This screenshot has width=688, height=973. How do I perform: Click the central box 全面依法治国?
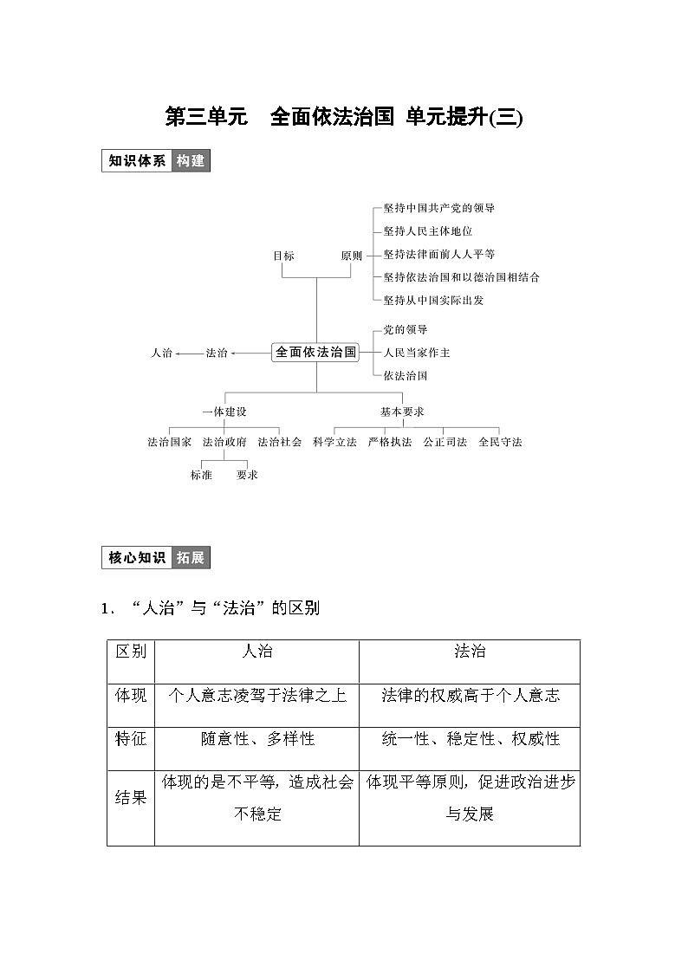(316, 353)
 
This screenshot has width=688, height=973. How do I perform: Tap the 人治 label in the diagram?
(161, 353)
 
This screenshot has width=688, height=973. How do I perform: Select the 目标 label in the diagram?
(283, 256)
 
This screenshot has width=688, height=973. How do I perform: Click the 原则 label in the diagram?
(351, 256)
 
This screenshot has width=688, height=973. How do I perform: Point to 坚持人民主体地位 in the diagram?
(428, 231)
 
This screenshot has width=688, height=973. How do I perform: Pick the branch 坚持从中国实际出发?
(433, 300)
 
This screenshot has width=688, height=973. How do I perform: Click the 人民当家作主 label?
(417, 353)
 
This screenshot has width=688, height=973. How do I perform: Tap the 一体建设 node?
(224, 412)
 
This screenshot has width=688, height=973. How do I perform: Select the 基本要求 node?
(402, 412)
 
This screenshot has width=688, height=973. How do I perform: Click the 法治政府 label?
(224, 442)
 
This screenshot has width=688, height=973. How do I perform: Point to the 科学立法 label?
(335, 442)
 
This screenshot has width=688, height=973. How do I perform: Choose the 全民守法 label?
(500, 442)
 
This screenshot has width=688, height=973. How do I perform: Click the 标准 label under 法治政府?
(201, 475)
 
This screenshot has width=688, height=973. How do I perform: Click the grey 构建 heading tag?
(191, 161)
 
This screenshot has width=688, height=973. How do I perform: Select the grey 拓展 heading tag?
(191, 558)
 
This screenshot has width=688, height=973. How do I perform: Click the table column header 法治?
(470, 652)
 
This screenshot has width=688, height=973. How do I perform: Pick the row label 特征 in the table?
(131, 739)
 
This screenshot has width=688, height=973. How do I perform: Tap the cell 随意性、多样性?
(257, 739)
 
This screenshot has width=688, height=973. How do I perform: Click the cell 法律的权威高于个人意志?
(470, 695)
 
